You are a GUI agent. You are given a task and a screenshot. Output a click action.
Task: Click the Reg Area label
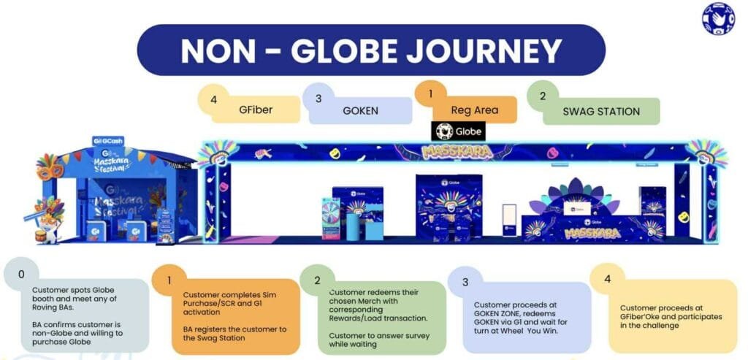[475, 110]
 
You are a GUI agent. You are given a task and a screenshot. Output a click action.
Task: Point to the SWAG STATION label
[601, 112]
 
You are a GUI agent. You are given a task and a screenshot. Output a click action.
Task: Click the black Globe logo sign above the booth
[459, 131]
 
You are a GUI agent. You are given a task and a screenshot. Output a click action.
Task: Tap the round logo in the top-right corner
[717, 18]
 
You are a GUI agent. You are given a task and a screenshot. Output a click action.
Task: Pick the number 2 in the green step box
[317, 279]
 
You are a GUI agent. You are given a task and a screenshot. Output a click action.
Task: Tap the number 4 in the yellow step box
[607, 278]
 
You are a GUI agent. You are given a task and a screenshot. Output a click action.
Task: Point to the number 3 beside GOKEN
[318, 97]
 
